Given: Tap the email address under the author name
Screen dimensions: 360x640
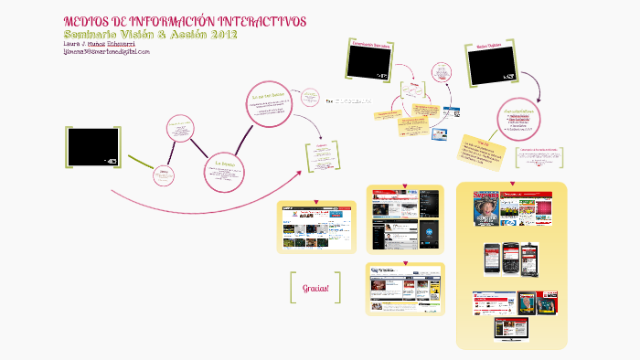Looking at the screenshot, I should coord(107,52).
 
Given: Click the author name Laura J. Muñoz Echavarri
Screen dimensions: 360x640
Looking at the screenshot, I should coord(103,44).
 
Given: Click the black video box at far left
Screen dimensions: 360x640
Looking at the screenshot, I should coord(92,146).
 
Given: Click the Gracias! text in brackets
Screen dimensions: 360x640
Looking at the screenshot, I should coord(315,288).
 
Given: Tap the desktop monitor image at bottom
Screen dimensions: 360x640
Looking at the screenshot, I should coord(511,328).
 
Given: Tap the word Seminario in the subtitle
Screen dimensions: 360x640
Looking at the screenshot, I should coord(95,35).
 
